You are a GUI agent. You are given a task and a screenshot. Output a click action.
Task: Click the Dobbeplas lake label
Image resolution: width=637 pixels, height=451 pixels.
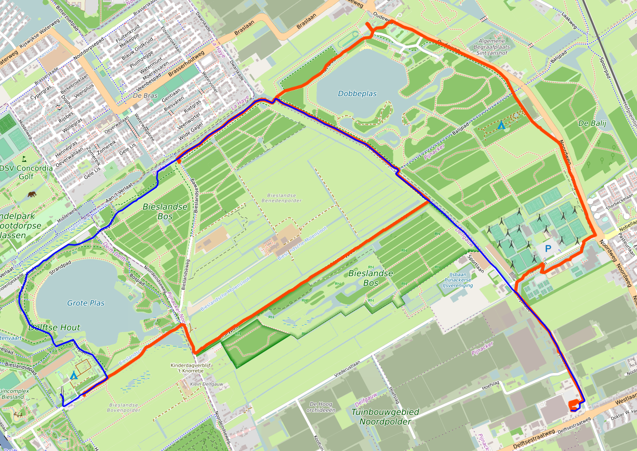[x=357, y=94]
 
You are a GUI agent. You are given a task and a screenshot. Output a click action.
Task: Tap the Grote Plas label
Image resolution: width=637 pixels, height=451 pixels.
[x=86, y=303]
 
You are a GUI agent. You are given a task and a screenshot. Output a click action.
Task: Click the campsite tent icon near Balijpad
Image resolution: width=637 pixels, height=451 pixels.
[x=501, y=125]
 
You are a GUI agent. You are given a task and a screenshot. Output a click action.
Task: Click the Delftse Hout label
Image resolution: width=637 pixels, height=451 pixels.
[x=55, y=327]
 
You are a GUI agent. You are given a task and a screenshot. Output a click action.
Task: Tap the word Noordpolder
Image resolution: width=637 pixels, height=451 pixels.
[x=389, y=421]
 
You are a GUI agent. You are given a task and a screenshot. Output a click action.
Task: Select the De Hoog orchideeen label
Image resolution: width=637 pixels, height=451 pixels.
[x=320, y=407]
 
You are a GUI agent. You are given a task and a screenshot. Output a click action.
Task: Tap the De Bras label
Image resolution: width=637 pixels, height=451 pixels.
[x=144, y=96]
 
